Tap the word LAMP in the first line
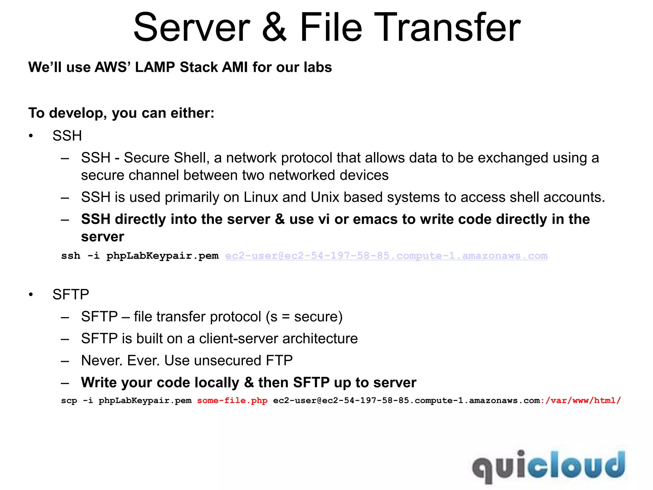point(155,67)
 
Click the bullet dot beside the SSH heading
point(31,136)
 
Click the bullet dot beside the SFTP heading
point(31,294)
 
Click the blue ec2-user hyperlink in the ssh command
point(386,256)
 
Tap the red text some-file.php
point(232,400)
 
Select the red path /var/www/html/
point(583,400)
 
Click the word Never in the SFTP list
point(102,360)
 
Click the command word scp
point(69,401)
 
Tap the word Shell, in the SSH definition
point(191,158)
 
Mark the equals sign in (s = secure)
point(286,317)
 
